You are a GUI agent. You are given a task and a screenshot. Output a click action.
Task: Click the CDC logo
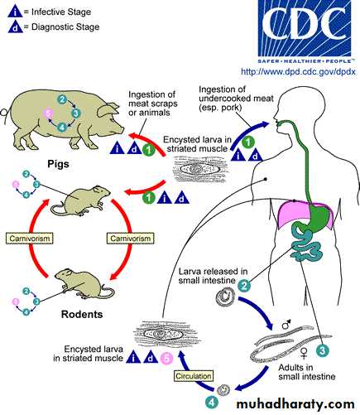tap(305, 31)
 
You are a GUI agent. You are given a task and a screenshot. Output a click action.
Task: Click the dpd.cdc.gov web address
tap(298, 72)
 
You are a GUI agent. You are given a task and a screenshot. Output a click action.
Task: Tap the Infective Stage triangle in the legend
tap(15, 12)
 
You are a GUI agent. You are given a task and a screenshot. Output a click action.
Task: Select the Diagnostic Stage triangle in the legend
tap(16, 27)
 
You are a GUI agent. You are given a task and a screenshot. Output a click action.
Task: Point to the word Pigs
tap(58, 164)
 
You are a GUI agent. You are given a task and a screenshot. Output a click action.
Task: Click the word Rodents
tap(82, 314)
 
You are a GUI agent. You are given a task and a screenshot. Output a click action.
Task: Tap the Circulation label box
tap(194, 376)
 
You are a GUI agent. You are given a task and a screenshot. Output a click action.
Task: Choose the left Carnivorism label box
tap(30, 239)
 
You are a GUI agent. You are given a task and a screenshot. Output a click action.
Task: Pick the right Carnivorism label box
tap(131, 239)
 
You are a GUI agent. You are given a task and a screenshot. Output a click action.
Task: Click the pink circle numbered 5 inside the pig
tap(49, 113)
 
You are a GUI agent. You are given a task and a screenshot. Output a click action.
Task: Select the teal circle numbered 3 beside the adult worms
tap(322, 350)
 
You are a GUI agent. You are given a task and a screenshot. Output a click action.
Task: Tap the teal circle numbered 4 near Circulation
tap(212, 403)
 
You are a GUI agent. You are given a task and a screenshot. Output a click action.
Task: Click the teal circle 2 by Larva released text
tap(244, 286)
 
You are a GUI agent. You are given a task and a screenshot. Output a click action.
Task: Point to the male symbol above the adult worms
tap(286, 325)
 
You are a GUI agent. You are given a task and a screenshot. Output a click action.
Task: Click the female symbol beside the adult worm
tap(304, 354)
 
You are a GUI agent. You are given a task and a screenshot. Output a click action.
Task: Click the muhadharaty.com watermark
tap(295, 404)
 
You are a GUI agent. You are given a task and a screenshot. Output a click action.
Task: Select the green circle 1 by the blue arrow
tap(247, 142)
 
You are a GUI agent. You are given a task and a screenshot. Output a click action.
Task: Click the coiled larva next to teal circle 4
tap(223, 390)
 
